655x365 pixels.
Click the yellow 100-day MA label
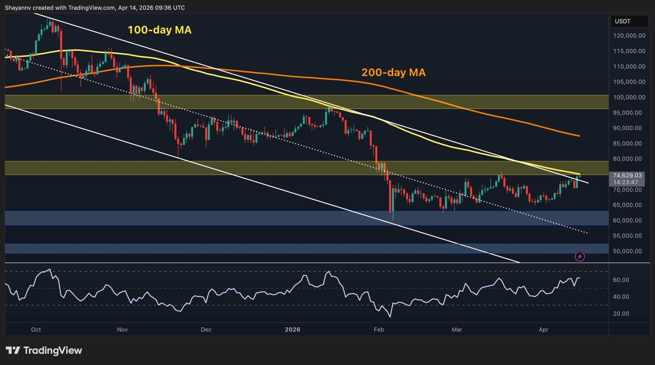(159, 30)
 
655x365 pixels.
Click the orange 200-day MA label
(393, 73)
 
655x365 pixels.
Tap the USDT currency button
(623, 21)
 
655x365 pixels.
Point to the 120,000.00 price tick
(629, 36)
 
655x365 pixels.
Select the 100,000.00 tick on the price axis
(629, 97)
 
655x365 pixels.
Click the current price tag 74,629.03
(627, 175)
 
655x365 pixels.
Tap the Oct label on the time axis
(36, 329)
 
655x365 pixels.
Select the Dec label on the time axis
(206, 329)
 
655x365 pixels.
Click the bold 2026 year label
(292, 329)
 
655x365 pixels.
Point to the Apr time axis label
(543, 329)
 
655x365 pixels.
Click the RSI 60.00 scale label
(621, 280)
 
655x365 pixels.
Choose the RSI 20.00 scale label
(621, 314)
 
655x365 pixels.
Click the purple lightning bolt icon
(580, 257)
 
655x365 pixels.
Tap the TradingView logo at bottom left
(44, 351)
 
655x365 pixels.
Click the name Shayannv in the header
(18, 8)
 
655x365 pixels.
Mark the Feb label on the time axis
(379, 329)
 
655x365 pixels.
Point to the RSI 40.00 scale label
(621, 297)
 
